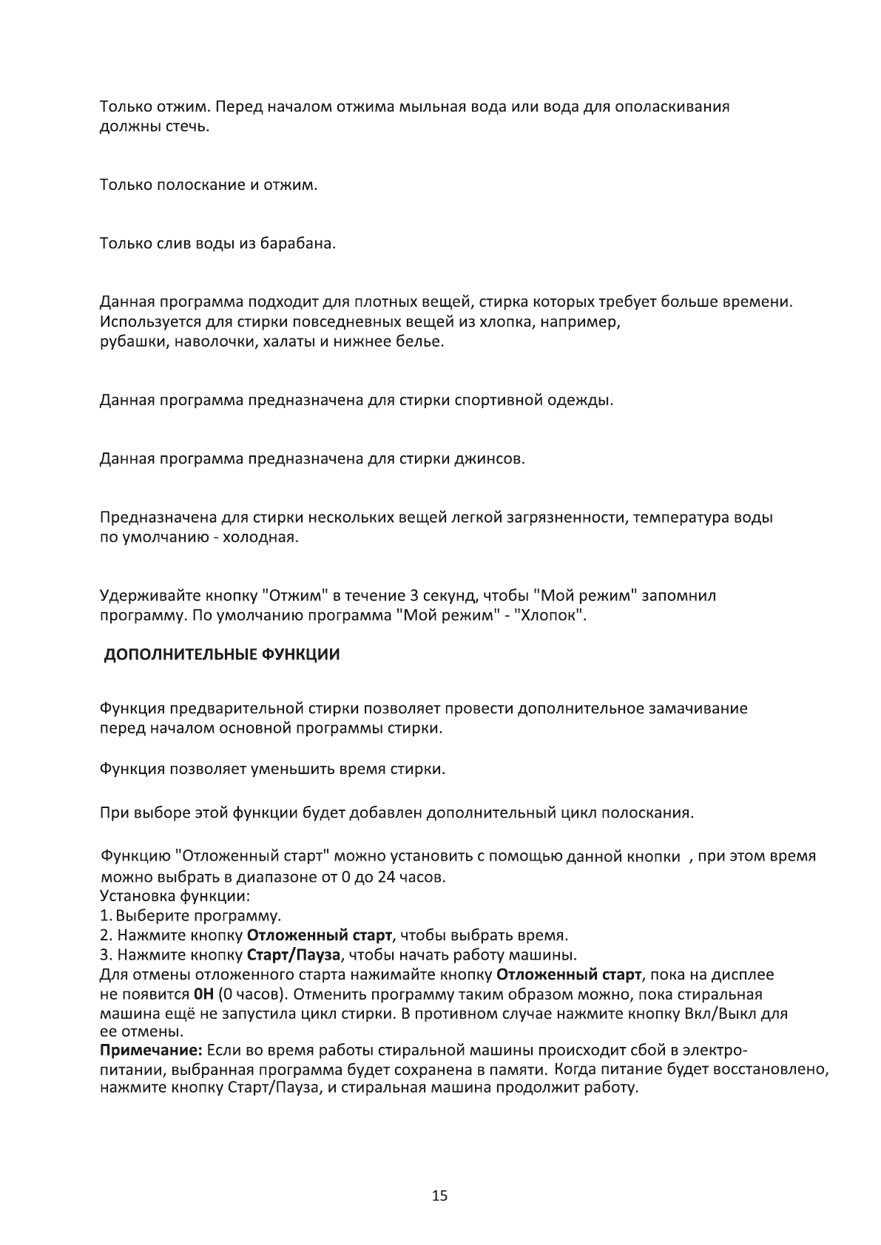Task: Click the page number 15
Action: tap(439, 1196)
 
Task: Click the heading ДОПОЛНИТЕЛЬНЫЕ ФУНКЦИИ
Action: tap(221, 655)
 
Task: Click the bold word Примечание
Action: tap(151, 1051)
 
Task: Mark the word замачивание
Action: tap(698, 708)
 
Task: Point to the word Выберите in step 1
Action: tap(145, 916)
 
